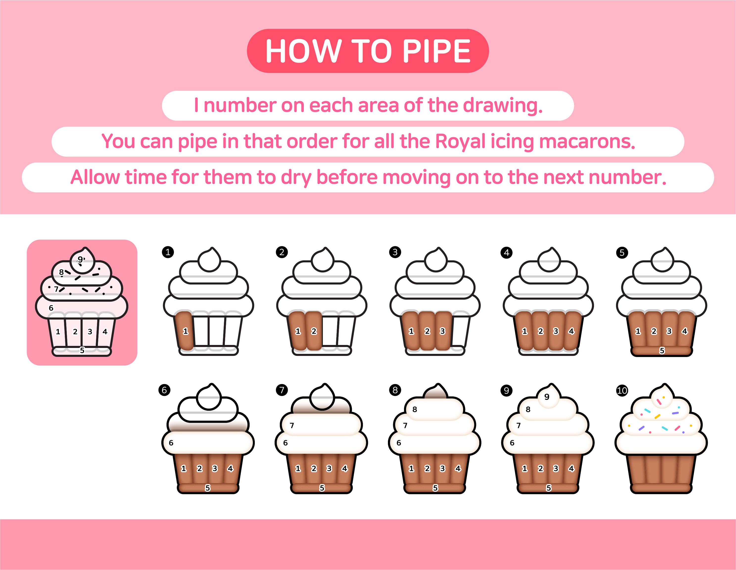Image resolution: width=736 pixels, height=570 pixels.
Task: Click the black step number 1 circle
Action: pyautogui.click(x=168, y=252)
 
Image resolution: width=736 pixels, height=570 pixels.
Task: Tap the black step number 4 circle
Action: pyautogui.click(x=506, y=253)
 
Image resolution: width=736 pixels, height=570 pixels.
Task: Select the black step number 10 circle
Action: pyautogui.click(x=622, y=390)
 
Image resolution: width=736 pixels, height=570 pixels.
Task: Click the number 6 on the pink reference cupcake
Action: pyautogui.click(x=51, y=308)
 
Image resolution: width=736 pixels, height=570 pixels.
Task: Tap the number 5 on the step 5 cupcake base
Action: pyautogui.click(x=662, y=351)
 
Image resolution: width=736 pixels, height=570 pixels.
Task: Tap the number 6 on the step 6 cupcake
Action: pyautogui.click(x=171, y=443)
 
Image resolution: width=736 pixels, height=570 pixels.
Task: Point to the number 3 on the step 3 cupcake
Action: pyautogui.click(x=443, y=331)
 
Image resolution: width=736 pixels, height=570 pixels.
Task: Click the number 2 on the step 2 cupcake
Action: pyautogui.click(x=314, y=331)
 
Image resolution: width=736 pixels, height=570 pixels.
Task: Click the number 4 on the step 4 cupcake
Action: pyautogui.click(x=571, y=331)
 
